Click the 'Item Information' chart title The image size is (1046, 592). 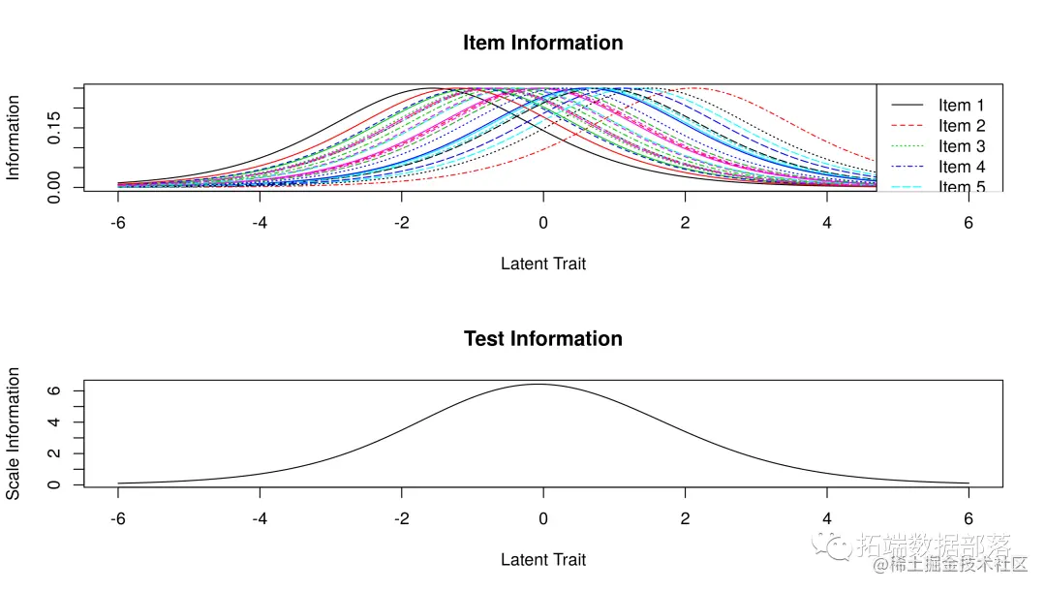[542, 43]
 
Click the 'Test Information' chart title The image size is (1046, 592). [542, 338]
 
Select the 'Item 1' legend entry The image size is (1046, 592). [961, 106]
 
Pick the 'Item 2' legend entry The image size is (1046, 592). [961, 126]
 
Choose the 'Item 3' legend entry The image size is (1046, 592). [961, 146]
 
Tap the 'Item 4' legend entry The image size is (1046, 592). [961, 167]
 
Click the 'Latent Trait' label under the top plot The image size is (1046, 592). [542, 264]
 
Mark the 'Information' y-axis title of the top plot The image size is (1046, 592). [14, 138]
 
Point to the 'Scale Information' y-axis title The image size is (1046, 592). [14, 433]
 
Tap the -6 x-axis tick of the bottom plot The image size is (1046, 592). [118, 518]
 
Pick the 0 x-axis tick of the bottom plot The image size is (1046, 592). [542, 518]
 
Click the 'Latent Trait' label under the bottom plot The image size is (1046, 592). [542, 560]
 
